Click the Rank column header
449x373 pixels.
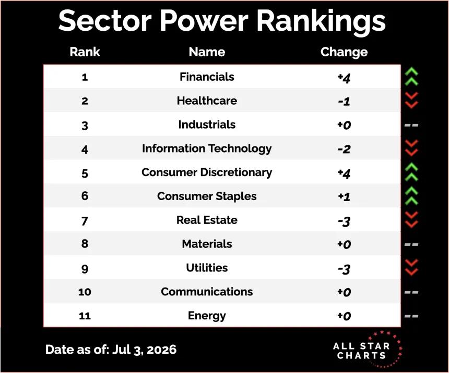(x=85, y=52)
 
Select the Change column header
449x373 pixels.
(x=344, y=52)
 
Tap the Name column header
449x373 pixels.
(x=207, y=52)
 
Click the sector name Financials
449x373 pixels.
(x=207, y=77)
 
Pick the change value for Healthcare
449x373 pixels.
(x=344, y=102)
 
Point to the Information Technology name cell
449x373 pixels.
(x=207, y=148)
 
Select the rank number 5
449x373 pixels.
(x=85, y=173)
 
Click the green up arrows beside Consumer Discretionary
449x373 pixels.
(x=411, y=172)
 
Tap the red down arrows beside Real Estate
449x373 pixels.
(x=411, y=219)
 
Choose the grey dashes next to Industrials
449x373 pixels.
(x=411, y=125)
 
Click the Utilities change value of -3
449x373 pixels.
(x=344, y=269)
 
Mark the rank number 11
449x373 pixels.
(x=85, y=316)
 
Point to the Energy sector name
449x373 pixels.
(x=207, y=316)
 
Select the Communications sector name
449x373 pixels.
(x=207, y=292)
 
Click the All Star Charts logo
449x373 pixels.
(x=368, y=349)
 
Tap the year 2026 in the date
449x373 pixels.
(x=161, y=350)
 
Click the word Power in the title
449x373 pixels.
(x=204, y=21)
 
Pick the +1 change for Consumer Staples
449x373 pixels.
(x=344, y=196)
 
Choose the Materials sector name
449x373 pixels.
(x=207, y=244)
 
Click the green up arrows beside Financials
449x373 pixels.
(x=411, y=77)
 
